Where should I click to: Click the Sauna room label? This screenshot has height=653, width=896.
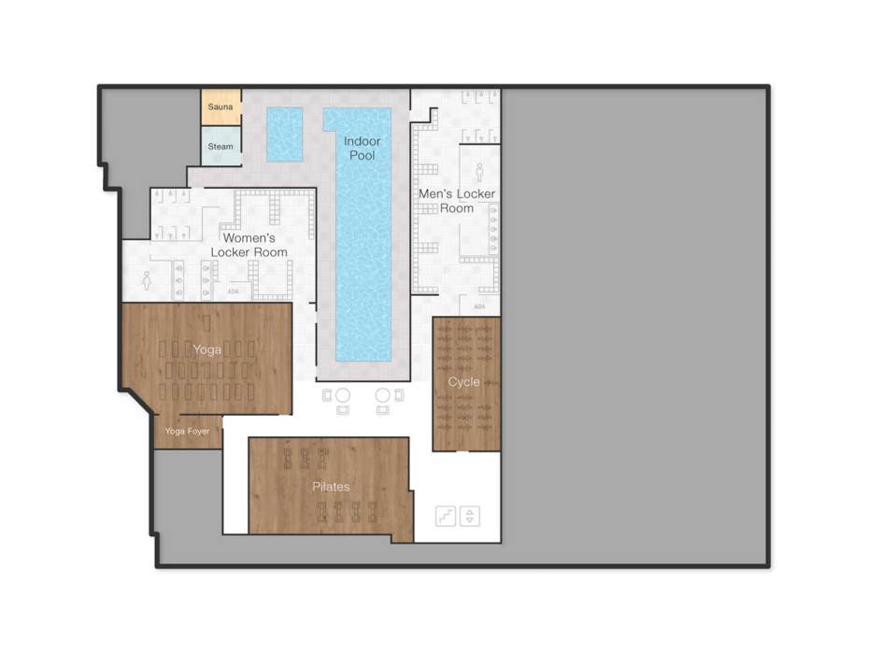[x=220, y=107]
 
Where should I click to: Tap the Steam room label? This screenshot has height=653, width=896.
[x=220, y=147]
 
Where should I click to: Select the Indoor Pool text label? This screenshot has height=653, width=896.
[x=363, y=149]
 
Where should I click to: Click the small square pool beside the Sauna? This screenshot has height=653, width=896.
[x=285, y=135]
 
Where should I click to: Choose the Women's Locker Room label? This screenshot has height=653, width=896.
[x=249, y=246]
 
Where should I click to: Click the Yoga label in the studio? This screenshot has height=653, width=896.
[x=206, y=349]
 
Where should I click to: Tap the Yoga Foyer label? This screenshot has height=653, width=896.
[x=187, y=432]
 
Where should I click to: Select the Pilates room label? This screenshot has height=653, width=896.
[x=331, y=487]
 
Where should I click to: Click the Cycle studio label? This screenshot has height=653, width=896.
[x=464, y=382]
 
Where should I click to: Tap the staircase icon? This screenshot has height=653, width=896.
[x=446, y=516]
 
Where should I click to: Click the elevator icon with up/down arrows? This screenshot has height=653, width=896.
[x=469, y=516]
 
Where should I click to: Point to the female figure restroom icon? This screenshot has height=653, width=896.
[x=147, y=279]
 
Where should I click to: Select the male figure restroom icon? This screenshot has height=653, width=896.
[x=479, y=172]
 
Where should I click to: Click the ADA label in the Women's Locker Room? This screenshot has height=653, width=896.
[x=233, y=291]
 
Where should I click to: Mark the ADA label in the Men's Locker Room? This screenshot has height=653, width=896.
[x=479, y=306]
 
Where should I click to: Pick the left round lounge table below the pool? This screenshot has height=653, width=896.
[x=343, y=395]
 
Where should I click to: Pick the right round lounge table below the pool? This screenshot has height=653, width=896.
[x=382, y=395]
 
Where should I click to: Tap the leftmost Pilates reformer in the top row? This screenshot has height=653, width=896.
[x=288, y=458]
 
